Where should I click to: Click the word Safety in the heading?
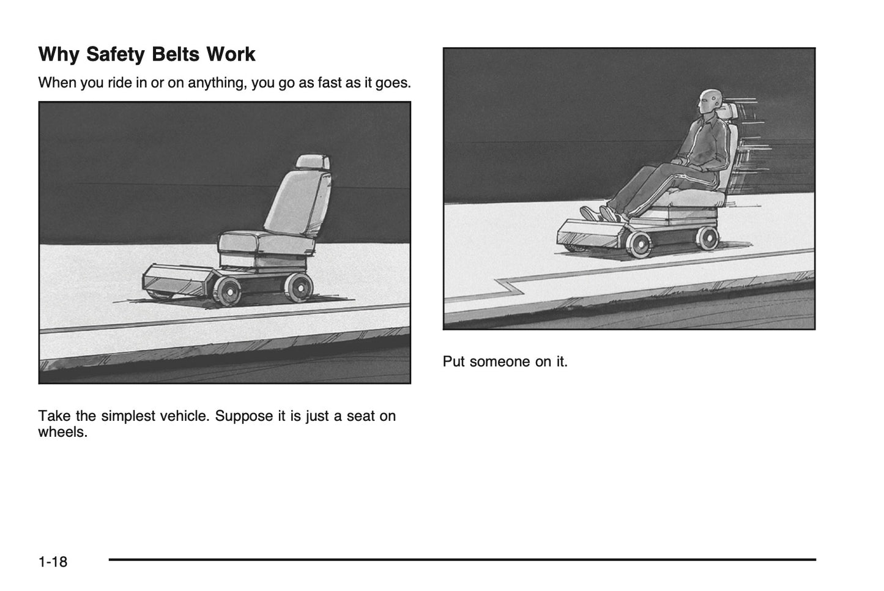click(115, 54)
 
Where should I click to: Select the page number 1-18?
click(53, 562)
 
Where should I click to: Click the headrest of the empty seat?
click(313, 162)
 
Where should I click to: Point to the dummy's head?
click(710, 100)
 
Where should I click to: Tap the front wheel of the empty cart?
click(228, 291)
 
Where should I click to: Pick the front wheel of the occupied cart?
click(639, 244)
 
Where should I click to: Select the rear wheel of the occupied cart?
click(707, 238)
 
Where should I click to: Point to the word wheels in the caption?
click(63, 432)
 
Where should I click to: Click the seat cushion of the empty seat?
click(266, 242)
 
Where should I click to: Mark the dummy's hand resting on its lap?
click(678, 161)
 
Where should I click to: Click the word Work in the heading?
click(231, 54)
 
